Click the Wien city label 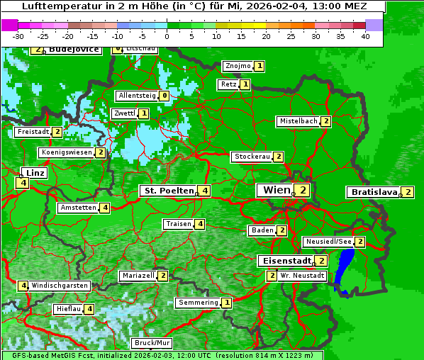point(277,190)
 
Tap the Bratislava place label point(374,192)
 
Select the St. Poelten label point(168,191)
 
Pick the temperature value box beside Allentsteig point(164,96)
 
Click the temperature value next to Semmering point(226,303)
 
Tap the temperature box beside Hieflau point(89,309)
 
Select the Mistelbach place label point(299,121)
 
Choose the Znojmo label point(238,66)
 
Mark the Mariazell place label point(138,275)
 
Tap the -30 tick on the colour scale point(18,36)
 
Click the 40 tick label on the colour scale point(365,36)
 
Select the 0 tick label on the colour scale point(167,36)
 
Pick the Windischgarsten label point(60,286)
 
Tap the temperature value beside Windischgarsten point(23,286)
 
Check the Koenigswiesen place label point(66,152)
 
